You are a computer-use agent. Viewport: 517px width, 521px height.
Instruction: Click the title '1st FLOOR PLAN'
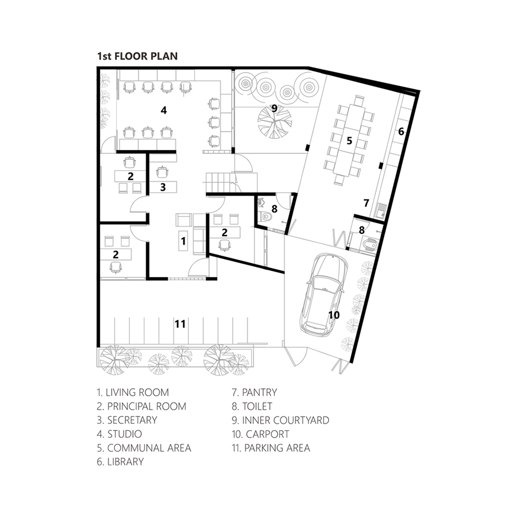pyautogui.click(x=137, y=56)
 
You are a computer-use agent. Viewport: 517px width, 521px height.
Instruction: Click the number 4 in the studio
pyautogui.click(x=164, y=110)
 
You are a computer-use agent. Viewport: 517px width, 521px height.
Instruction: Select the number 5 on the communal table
pyautogui.click(x=349, y=141)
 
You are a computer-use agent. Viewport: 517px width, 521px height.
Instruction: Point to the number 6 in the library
pyautogui.click(x=401, y=132)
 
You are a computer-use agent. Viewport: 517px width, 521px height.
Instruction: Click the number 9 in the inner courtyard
pyautogui.click(x=274, y=108)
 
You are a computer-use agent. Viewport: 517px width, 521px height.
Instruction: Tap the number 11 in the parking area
pyautogui.click(x=180, y=324)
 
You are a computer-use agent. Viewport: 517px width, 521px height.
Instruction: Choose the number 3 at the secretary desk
pyautogui.click(x=163, y=187)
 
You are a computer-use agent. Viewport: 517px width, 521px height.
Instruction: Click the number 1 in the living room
pyautogui.click(x=183, y=241)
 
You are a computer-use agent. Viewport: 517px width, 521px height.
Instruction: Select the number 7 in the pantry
pyautogui.click(x=366, y=203)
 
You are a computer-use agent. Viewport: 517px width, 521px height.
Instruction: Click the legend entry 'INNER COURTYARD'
pyautogui.click(x=285, y=420)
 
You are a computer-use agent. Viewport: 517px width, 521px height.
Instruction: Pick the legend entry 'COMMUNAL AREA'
pyautogui.click(x=149, y=448)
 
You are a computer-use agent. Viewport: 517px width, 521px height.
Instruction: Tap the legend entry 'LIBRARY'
pyautogui.click(x=125, y=462)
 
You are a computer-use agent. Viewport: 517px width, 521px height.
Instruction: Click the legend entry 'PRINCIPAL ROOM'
pyautogui.click(x=147, y=406)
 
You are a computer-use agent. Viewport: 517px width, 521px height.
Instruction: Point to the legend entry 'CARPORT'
pyautogui.click(x=267, y=434)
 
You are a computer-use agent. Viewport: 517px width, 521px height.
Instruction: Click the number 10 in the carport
pyautogui.click(x=334, y=315)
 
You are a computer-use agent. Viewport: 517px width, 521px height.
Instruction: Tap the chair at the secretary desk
pyautogui.click(x=162, y=172)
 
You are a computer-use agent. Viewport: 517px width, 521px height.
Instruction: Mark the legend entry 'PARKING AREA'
pyautogui.click(x=277, y=448)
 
